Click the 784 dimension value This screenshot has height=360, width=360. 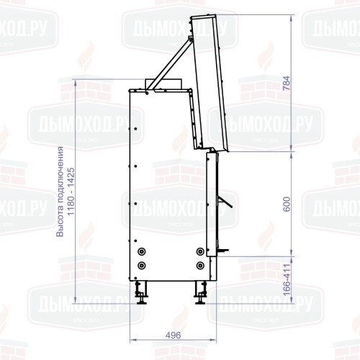click(x=287, y=84)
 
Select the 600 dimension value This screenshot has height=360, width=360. click(x=287, y=204)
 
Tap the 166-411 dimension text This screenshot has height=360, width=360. click(x=287, y=280)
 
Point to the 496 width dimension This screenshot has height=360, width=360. click(x=173, y=335)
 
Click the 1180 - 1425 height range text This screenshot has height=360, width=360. click(x=71, y=192)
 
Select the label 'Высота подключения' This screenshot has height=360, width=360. click(x=60, y=192)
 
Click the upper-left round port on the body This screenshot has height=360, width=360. click(x=142, y=251)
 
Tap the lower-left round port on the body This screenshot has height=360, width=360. click(x=142, y=266)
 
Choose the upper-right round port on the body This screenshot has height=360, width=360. click(x=200, y=251)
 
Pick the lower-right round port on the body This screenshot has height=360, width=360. click(x=200, y=266)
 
